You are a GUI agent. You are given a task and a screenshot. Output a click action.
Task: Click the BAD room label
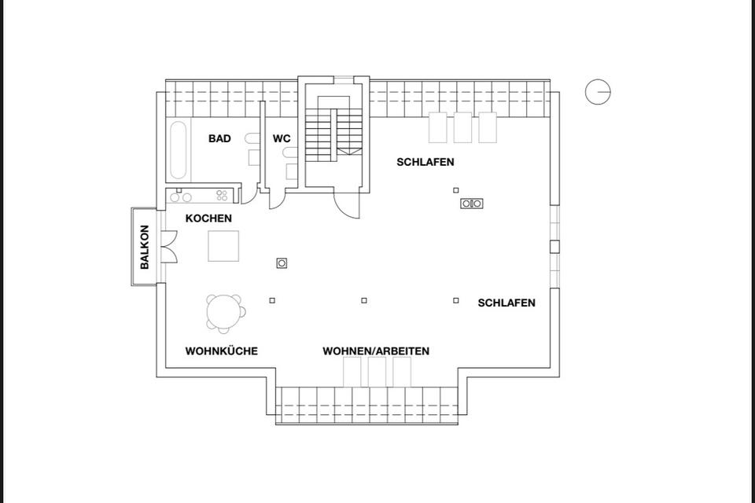(x=219, y=139)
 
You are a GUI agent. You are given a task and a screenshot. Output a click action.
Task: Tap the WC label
(x=282, y=139)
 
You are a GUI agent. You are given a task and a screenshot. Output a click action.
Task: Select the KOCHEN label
(x=208, y=218)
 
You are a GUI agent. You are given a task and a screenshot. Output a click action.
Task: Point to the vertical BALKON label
(x=145, y=248)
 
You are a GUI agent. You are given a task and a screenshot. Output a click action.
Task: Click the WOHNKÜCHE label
(x=221, y=351)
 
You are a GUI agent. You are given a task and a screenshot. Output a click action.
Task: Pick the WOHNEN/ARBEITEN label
(x=376, y=351)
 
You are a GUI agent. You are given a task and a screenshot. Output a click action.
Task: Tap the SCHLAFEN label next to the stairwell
(x=425, y=163)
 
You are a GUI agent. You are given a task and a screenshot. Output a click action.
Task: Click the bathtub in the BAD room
(x=179, y=149)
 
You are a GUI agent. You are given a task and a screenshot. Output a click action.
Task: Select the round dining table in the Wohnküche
(x=224, y=311)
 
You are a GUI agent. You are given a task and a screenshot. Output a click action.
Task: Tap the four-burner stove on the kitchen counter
(x=223, y=196)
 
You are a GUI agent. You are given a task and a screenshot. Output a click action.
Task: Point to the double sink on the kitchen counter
(x=183, y=196)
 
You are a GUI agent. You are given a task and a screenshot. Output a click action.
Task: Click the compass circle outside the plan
(x=598, y=92)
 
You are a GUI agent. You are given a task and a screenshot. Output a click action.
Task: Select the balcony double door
(x=168, y=247)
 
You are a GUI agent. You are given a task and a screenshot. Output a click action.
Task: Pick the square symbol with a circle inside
(x=282, y=263)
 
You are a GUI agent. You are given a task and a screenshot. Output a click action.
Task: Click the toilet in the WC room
(x=291, y=169)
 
